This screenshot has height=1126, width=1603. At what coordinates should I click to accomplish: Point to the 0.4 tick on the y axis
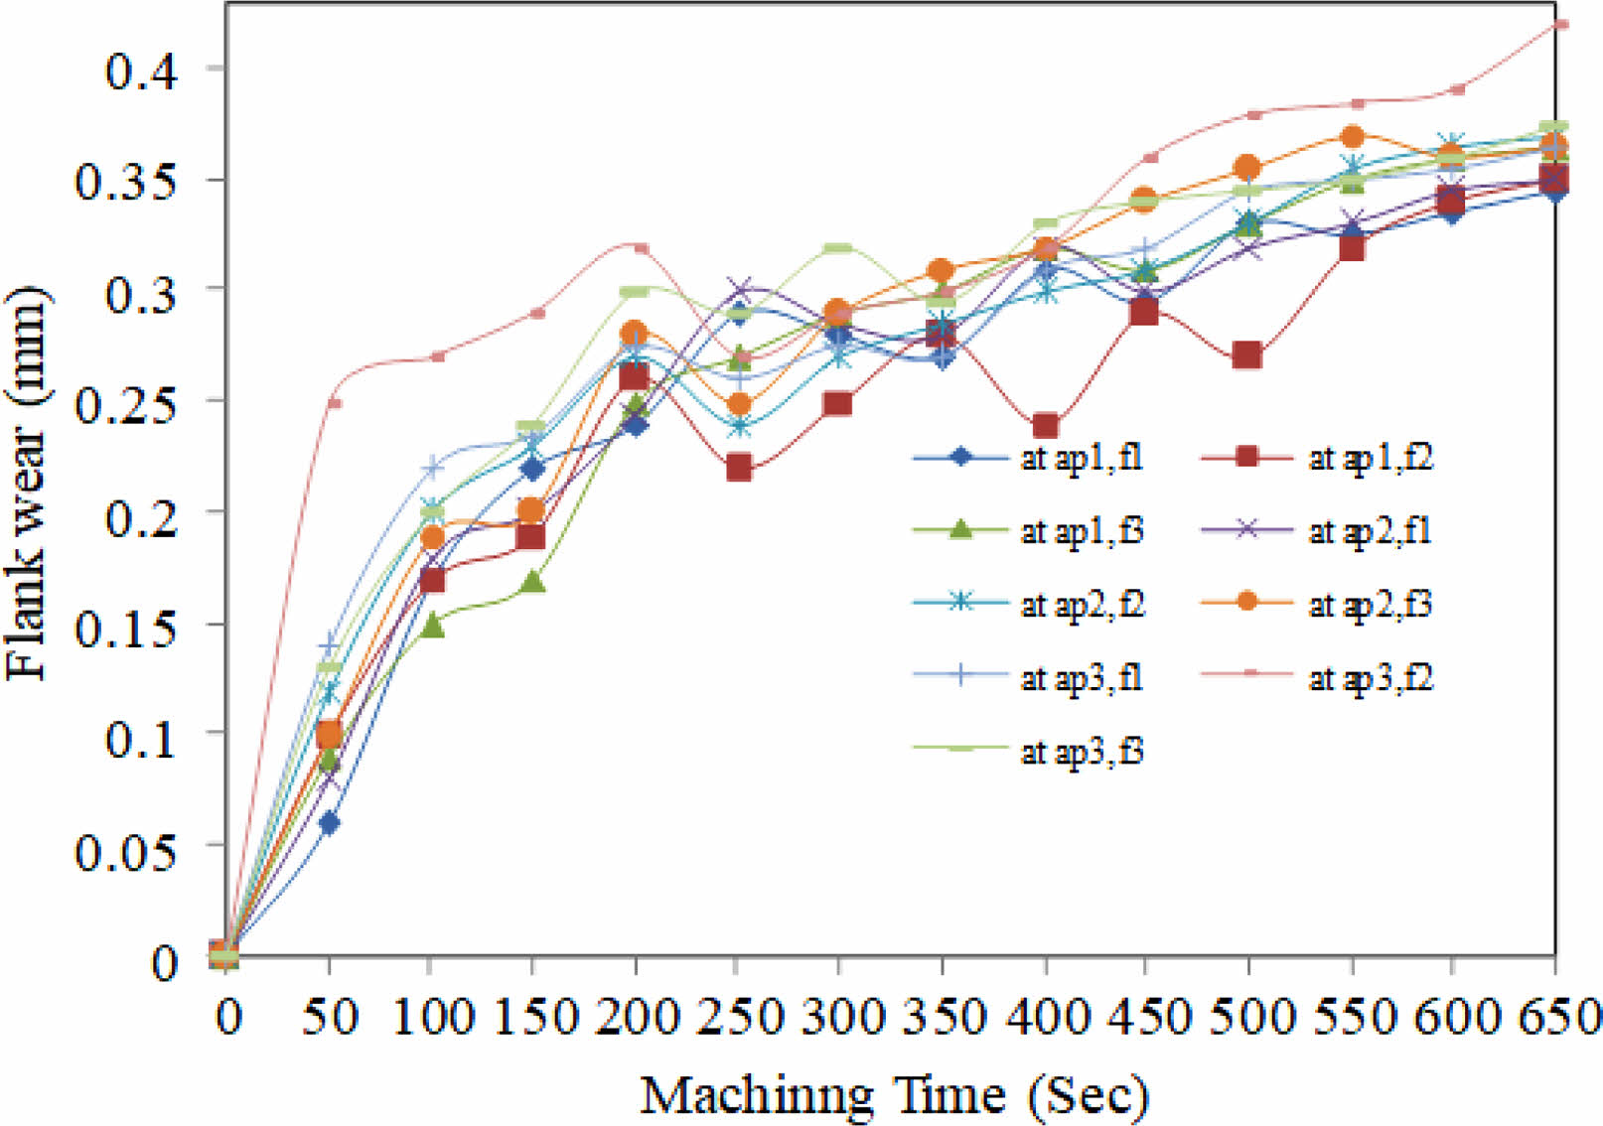tap(140, 70)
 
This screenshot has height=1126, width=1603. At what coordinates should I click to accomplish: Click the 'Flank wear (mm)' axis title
tap(27, 484)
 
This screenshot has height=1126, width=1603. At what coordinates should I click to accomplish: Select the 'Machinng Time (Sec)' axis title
tap(894, 1096)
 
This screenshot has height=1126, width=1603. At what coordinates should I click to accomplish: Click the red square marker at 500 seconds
tap(1247, 355)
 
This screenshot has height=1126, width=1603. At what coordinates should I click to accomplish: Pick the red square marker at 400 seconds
tap(1044, 427)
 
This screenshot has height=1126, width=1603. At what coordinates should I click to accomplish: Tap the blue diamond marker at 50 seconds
tap(329, 823)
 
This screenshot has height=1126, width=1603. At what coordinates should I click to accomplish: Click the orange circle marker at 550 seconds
tap(1351, 136)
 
